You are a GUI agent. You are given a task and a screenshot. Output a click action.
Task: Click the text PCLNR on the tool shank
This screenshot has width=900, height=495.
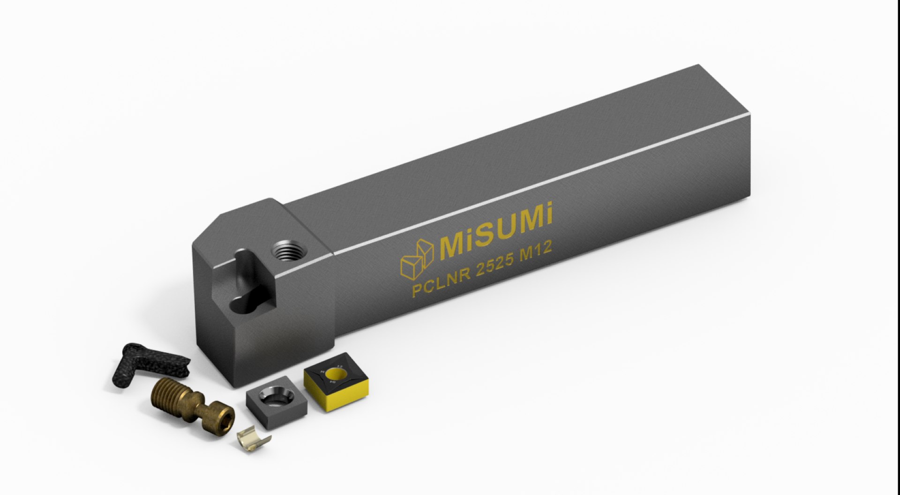[x=439, y=283]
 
